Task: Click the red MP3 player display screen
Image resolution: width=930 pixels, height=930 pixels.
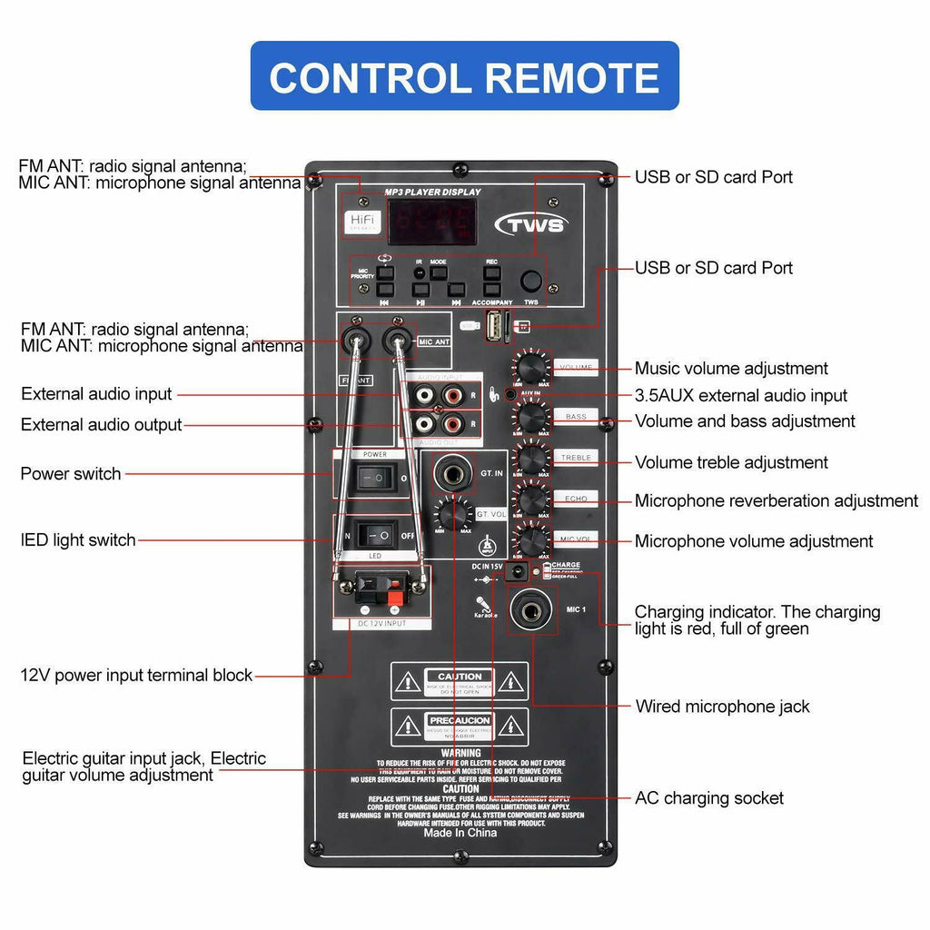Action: [432, 222]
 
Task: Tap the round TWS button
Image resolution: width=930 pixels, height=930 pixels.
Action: [531, 282]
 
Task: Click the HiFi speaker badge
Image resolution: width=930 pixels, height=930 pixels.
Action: [361, 222]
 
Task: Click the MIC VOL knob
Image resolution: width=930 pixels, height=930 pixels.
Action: [532, 539]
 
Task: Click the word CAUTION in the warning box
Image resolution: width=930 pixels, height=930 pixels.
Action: [460, 677]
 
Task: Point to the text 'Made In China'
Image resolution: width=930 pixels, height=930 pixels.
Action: [460, 833]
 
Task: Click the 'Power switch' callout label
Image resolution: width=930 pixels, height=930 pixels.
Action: [71, 473]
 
